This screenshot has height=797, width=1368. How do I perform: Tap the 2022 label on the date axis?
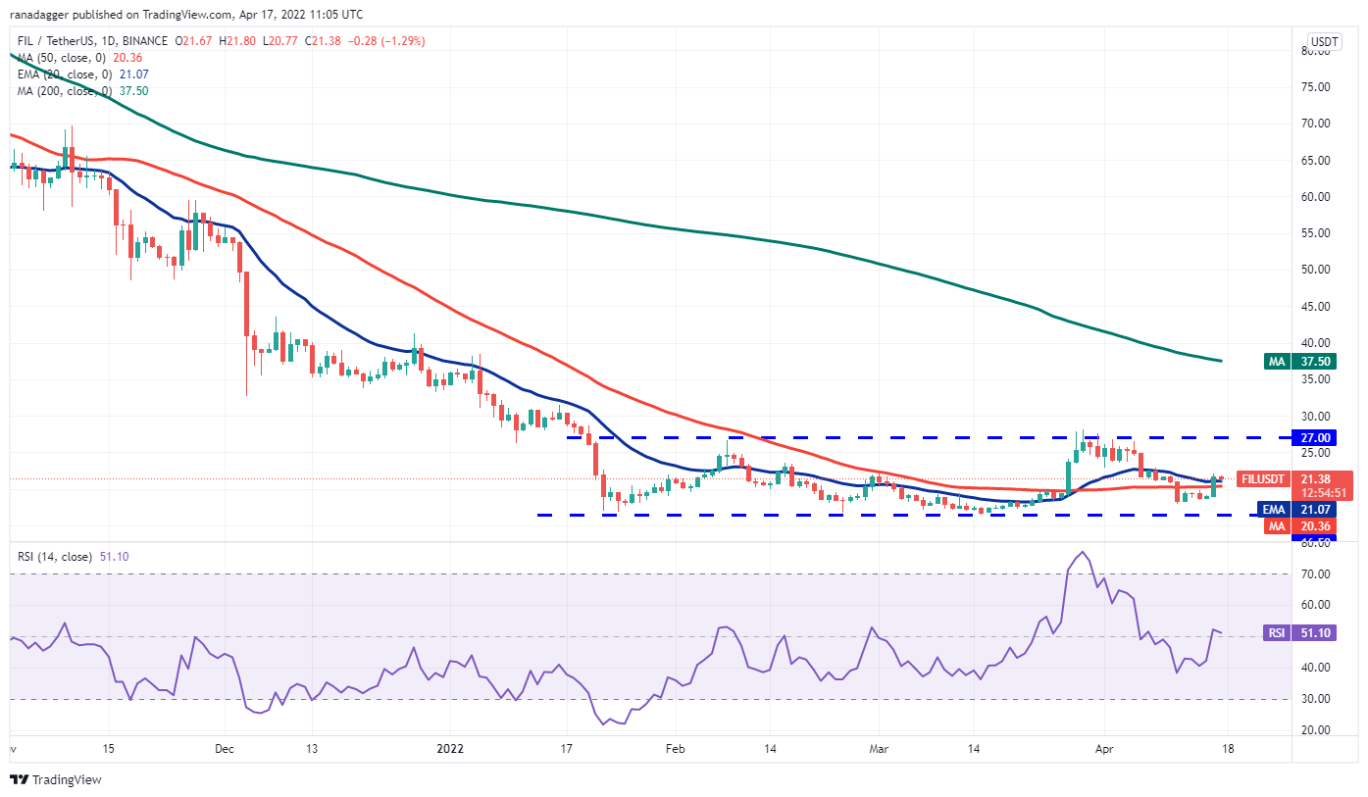(450, 749)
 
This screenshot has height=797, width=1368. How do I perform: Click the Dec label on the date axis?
(225, 749)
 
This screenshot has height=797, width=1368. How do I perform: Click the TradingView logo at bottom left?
(59, 779)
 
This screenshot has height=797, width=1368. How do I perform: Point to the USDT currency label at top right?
(1324, 42)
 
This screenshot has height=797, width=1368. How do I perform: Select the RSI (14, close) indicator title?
(56, 557)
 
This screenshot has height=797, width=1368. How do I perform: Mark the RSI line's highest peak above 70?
(1082, 552)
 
